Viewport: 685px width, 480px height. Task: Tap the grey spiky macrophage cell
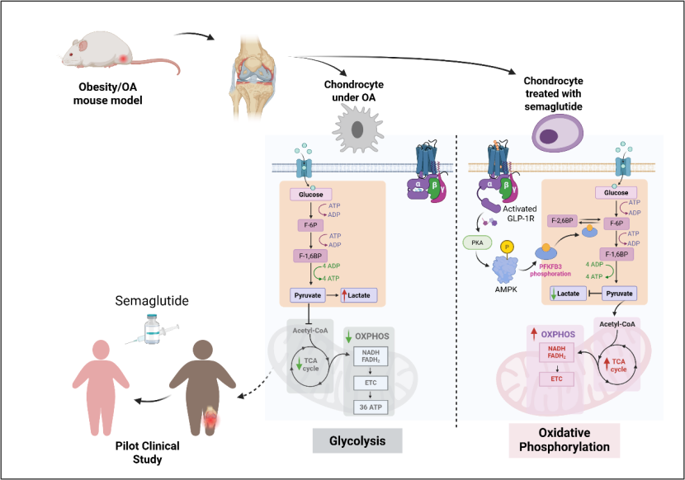pyautogui.click(x=357, y=128)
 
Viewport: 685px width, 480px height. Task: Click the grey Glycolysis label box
pyautogui.click(x=357, y=440)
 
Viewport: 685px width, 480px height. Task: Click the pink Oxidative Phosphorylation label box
pyautogui.click(x=564, y=440)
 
